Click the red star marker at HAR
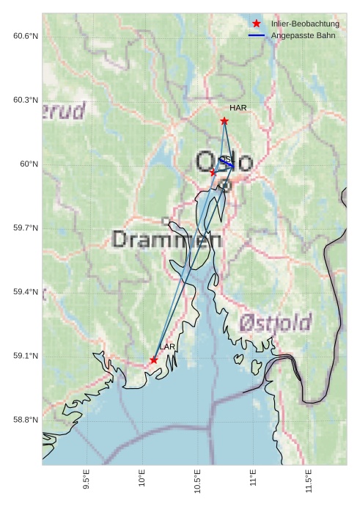click(x=224, y=120)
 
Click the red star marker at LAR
click(x=153, y=360)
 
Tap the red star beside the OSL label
click(x=213, y=172)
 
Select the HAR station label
click(x=238, y=108)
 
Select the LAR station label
click(x=167, y=346)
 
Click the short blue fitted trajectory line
click(x=227, y=164)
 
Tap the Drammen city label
click(x=168, y=239)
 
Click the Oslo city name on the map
click(x=224, y=161)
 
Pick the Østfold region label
click(x=275, y=322)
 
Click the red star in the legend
click(x=256, y=23)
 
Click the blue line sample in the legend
click(x=256, y=35)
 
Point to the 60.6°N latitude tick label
click(x=26, y=36)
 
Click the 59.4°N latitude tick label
click(x=26, y=292)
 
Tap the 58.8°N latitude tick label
click(x=26, y=420)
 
